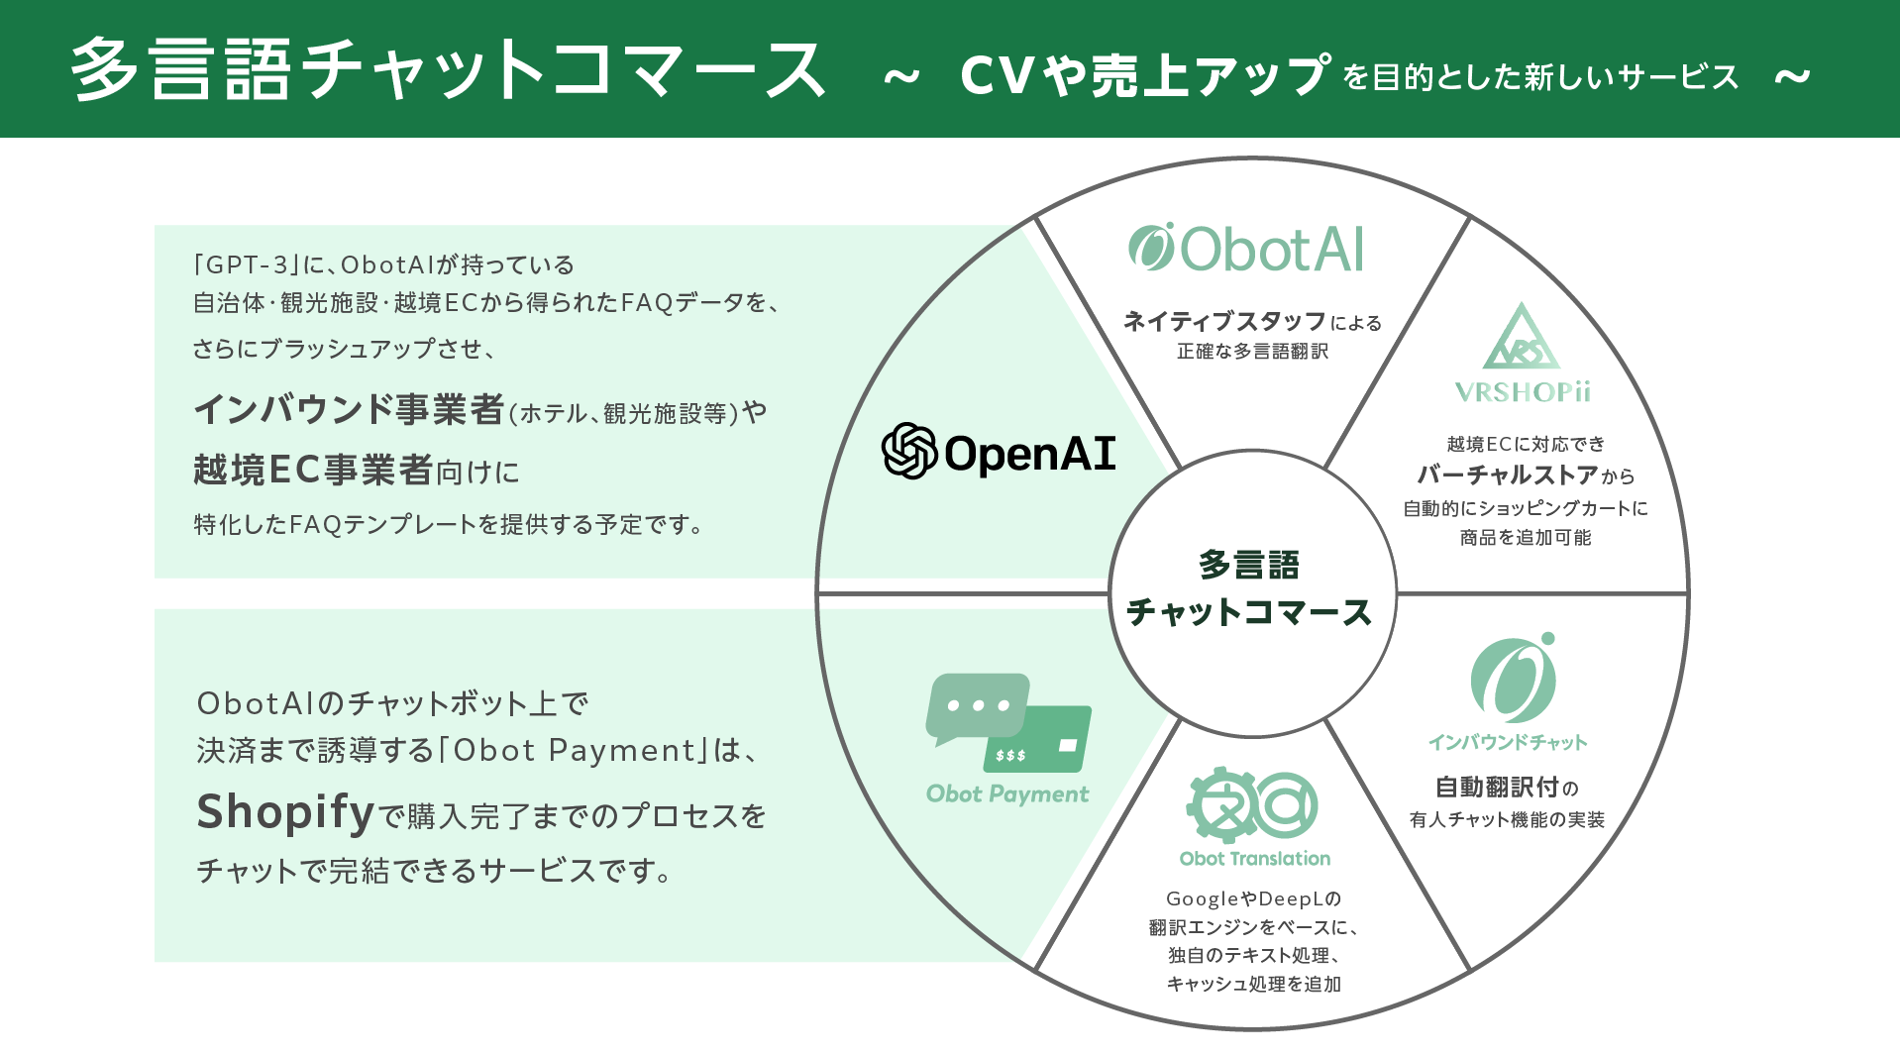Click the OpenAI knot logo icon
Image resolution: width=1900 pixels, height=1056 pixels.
908,452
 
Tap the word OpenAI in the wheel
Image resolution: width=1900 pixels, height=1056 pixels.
1030,454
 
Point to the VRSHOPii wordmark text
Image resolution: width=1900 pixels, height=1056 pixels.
1523,392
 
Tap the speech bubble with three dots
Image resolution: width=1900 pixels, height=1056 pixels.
977,707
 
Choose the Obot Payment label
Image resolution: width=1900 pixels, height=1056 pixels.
1006,793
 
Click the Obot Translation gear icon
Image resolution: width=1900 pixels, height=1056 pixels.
1222,804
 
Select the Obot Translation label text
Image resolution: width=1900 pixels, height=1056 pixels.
1254,859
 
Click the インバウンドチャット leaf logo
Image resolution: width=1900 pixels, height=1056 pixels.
1513,679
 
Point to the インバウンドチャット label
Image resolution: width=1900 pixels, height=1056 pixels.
1507,742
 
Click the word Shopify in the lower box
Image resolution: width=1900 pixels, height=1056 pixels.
285,812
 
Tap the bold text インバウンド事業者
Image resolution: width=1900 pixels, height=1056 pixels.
349,409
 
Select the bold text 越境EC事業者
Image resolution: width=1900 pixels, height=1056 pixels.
313,470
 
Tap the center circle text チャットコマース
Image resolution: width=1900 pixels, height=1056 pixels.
1249,612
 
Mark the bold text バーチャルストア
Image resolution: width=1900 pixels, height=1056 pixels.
1507,475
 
